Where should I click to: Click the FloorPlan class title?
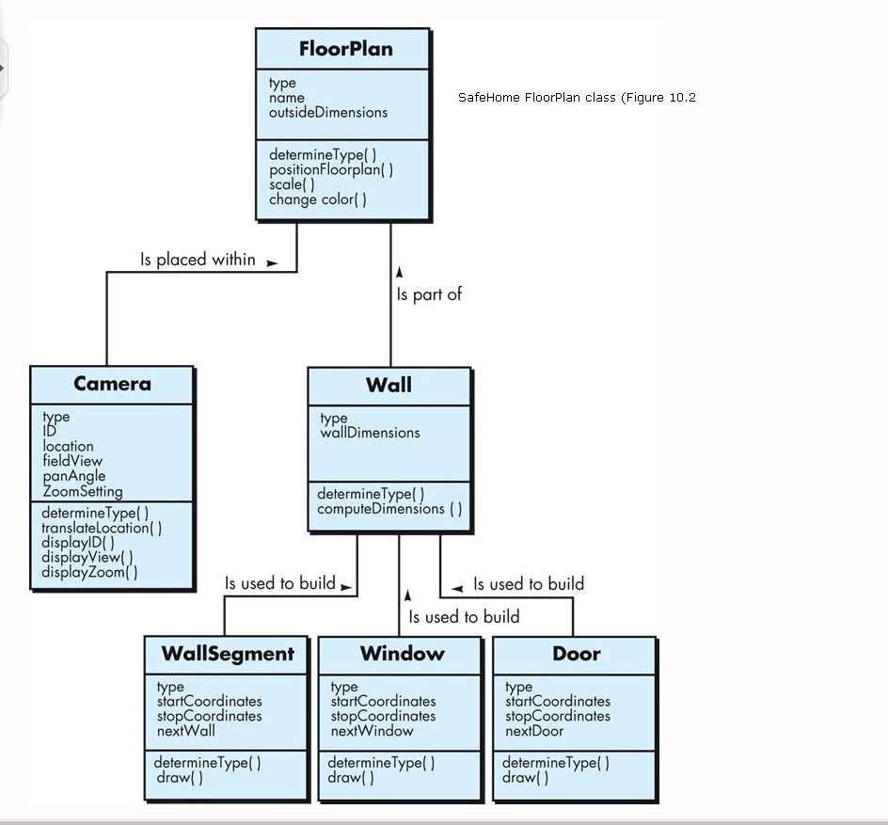345,49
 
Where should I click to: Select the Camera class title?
112,384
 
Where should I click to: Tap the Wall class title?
388,385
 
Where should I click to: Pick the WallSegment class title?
228,654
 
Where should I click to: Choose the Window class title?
402,654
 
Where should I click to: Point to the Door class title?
576,654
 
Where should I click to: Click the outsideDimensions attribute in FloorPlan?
327,112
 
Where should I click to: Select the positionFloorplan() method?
331,169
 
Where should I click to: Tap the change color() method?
317,199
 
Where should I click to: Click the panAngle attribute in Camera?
74,476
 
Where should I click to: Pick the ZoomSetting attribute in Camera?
83,491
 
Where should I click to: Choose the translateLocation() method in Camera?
102,528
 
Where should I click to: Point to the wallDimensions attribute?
370,433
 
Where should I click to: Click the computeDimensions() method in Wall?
389,509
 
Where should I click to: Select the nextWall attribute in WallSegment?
186,731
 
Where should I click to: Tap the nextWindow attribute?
372,731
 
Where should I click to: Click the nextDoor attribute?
534,731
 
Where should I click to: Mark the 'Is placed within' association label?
198,260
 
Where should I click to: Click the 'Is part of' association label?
429,294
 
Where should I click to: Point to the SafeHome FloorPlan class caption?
576,98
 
